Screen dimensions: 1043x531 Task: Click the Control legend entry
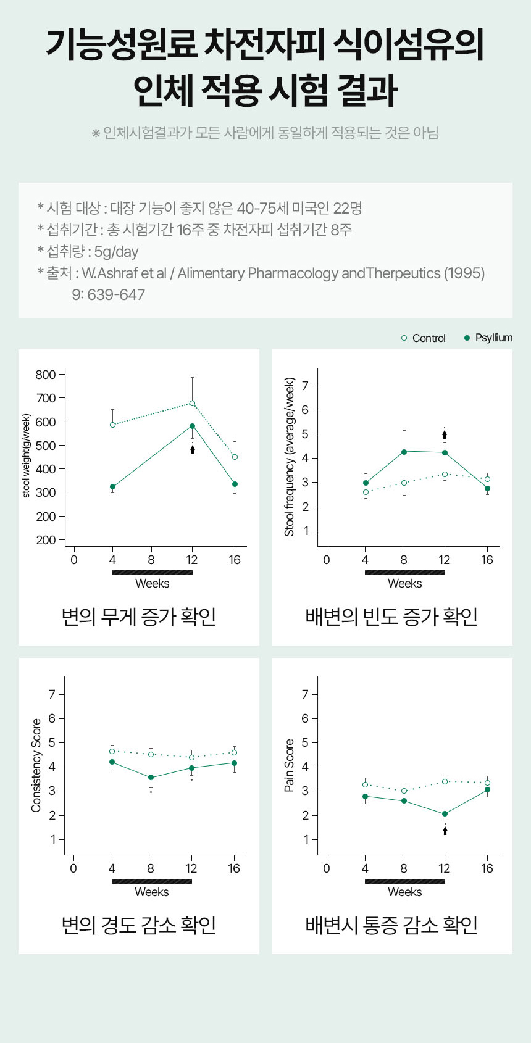424,338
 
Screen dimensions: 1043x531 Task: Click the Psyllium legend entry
488,338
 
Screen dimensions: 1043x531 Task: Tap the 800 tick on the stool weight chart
46,375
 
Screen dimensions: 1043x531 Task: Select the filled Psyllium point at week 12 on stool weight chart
192,426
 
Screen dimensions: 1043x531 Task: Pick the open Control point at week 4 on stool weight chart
112,425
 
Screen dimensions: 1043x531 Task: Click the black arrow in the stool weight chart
193,449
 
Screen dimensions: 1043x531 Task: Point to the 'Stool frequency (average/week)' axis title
289,457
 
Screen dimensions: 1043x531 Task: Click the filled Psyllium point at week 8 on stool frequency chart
404,452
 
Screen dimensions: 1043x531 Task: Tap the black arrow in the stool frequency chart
445,434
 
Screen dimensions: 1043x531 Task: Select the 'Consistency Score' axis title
36,765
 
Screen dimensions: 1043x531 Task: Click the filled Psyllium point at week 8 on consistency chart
151,778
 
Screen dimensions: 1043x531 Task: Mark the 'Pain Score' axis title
289,765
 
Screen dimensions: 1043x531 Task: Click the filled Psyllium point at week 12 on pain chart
445,814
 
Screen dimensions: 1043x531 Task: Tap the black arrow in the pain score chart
445,830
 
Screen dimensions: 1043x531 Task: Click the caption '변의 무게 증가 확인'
139,616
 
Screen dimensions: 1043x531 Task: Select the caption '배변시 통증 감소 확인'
391,925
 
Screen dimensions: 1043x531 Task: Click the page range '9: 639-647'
108,294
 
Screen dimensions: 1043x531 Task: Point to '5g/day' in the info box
116,251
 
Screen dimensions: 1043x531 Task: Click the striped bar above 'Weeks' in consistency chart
152,881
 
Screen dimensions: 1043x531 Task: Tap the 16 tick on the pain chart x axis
487,868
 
